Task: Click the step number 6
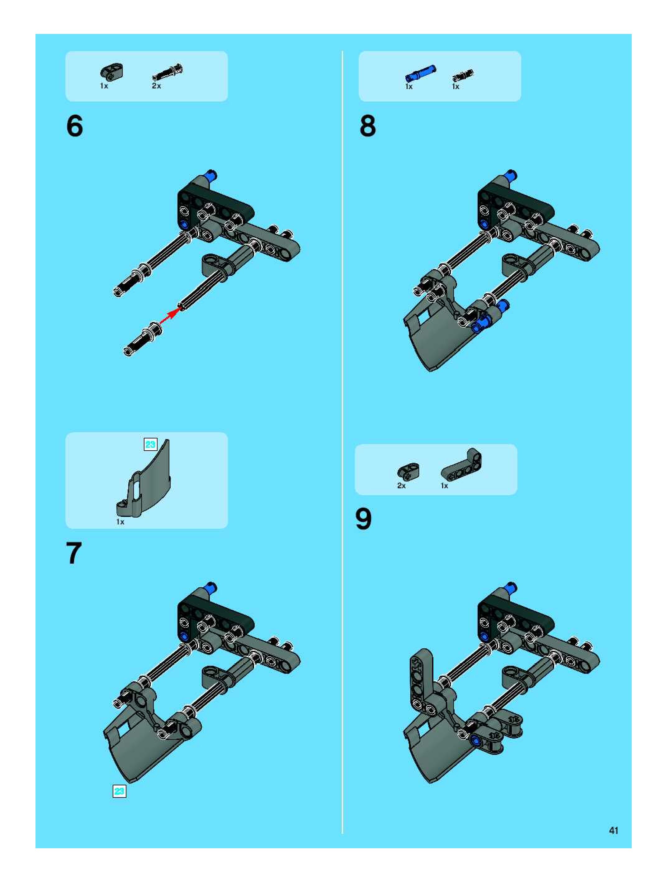pyautogui.click(x=75, y=126)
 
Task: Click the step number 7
pyautogui.click(x=74, y=553)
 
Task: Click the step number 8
pyautogui.click(x=368, y=126)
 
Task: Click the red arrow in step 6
pyautogui.click(x=169, y=315)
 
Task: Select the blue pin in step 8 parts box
pyautogui.click(x=420, y=73)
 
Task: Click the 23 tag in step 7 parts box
pyautogui.click(x=150, y=444)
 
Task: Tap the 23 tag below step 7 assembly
pyautogui.click(x=120, y=791)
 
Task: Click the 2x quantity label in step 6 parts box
pyautogui.click(x=156, y=86)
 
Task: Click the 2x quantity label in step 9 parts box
pyautogui.click(x=402, y=486)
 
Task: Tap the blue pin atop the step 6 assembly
pyautogui.click(x=210, y=175)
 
